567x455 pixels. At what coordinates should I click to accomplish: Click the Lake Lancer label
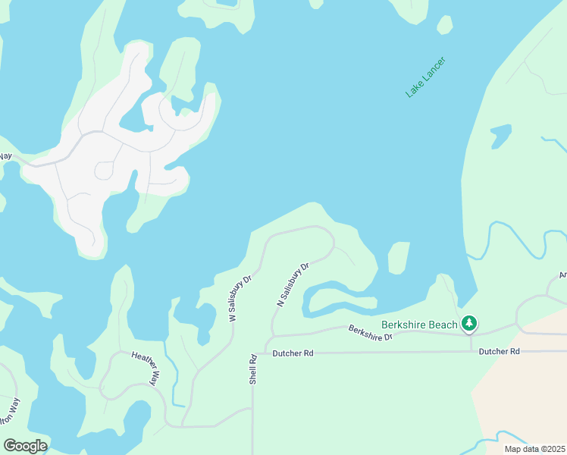[x=425, y=77]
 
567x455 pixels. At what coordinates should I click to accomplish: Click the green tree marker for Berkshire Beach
[x=469, y=324]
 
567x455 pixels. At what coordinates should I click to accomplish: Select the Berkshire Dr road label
[x=371, y=332]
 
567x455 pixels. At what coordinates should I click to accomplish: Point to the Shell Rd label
[x=254, y=368]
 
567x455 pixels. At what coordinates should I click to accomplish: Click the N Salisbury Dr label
[x=293, y=284]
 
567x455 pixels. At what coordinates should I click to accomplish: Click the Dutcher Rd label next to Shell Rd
[x=292, y=353]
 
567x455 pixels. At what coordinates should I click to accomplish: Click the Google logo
[x=25, y=446]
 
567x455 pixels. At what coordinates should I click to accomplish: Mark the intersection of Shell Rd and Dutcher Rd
[x=253, y=353]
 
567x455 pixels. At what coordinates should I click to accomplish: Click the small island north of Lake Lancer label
[x=445, y=25]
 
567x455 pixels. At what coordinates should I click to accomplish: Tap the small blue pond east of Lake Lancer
[x=500, y=136]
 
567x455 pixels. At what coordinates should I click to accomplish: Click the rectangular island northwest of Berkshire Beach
[x=399, y=258]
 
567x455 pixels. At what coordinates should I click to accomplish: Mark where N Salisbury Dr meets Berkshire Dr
[x=273, y=336]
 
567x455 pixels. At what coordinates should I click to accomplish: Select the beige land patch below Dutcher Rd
[x=523, y=394]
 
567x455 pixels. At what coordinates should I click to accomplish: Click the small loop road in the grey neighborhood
[x=105, y=171]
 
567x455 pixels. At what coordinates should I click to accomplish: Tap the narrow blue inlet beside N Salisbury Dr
[x=334, y=296]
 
